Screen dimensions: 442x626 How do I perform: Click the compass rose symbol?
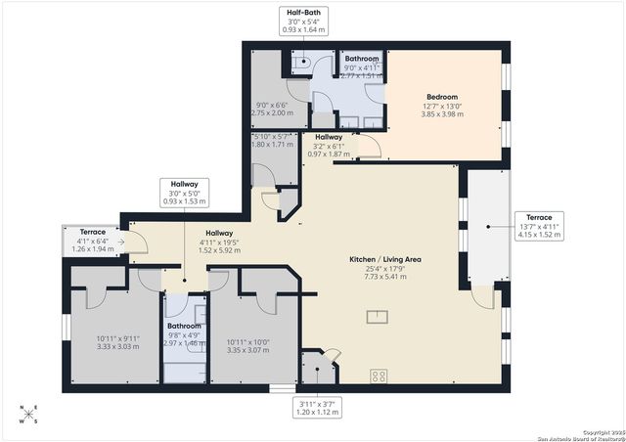point(30,414)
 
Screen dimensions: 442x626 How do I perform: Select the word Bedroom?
point(442,97)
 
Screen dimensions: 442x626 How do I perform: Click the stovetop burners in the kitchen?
point(379,376)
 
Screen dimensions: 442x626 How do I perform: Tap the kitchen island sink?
point(375,315)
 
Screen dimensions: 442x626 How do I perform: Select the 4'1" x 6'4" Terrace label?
point(92,241)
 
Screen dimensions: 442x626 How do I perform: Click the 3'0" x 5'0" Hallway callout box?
point(184,194)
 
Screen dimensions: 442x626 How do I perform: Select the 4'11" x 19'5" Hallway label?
point(218,240)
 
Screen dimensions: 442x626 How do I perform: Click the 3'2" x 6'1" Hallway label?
point(328,145)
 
